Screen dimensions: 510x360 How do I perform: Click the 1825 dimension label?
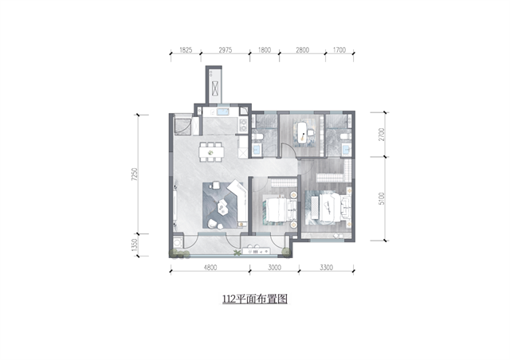(x=186, y=50)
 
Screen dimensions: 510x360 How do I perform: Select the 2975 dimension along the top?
(x=225, y=50)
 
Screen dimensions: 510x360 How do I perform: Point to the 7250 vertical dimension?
(x=135, y=174)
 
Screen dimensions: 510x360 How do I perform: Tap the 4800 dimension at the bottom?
(x=210, y=268)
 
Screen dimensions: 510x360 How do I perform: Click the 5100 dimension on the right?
(x=382, y=198)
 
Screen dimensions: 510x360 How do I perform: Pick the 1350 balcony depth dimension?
(x=135, y=245)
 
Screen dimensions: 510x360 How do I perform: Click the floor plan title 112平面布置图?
(x=255, y=299)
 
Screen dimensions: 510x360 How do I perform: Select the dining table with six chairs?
(x=211, y=151)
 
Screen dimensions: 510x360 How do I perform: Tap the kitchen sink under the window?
(x=223, y=112)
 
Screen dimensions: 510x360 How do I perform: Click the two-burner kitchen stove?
(x=243, y=125)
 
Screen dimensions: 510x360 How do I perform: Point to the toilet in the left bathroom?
(x=257, y=136)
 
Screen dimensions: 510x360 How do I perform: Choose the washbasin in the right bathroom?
(x=346, y=149)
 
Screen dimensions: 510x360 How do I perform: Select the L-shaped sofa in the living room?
(x=238, y=203)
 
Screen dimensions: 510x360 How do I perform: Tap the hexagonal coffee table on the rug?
(x=222, y=208)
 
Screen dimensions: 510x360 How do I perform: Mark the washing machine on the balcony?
(x=177, y=243)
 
